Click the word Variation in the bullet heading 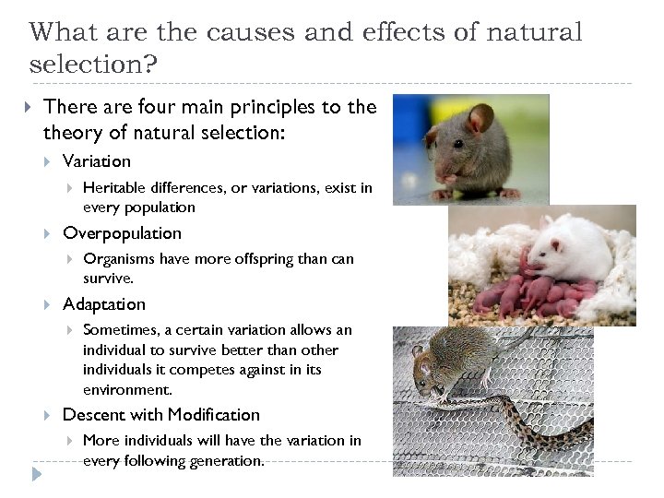point(96,161)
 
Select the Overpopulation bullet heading point(122,233)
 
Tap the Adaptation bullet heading point(103,304)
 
